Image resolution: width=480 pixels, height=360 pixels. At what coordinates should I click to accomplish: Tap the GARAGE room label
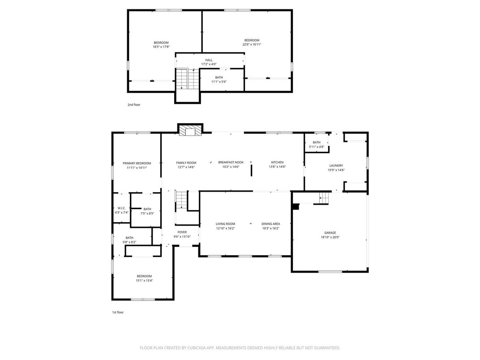click(330, 233)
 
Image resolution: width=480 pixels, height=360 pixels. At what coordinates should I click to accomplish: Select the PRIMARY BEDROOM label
click(137, 163)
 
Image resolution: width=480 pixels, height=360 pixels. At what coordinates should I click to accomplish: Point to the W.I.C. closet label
click(121, 208)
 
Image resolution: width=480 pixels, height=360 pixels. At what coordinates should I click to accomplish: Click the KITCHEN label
click(277, 162)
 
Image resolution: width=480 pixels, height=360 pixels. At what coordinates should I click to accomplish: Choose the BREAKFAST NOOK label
click(231, 162)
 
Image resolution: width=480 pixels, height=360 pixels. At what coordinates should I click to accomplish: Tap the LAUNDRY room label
click(336, 165)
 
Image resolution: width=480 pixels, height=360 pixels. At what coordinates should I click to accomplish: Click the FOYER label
click(182, 232)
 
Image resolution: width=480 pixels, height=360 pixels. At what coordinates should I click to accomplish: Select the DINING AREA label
click(271, 224)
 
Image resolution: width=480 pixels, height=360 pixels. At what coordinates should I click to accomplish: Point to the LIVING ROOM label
click(225, 224)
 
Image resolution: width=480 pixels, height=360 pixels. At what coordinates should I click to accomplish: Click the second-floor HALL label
click(209, 60)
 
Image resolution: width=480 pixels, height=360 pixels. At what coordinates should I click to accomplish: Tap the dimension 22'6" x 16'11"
click(252, 44)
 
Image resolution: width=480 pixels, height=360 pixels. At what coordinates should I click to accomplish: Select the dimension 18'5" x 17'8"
click(161, 47)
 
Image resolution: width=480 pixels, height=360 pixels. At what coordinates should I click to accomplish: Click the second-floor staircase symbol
click(187, 79)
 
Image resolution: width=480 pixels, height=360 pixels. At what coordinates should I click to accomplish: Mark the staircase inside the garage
click(324, 197)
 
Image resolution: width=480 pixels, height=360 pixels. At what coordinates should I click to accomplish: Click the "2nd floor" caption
click(134, 104)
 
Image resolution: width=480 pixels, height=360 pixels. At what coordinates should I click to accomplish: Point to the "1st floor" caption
click(118, 312)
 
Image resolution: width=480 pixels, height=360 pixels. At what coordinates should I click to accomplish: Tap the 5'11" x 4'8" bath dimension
click(317, 147)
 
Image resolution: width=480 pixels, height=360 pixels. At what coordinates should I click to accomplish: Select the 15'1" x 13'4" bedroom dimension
click(144, 281)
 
